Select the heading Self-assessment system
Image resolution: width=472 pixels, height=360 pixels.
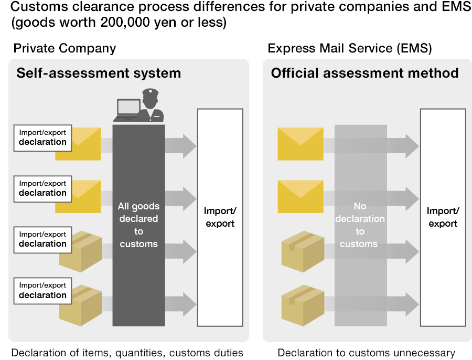(99, 73)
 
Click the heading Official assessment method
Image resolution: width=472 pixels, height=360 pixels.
(364, 73)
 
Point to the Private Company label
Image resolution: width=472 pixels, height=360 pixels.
(65, 49)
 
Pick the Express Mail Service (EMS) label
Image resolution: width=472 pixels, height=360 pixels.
(349, 49)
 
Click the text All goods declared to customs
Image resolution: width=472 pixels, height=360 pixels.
(138, 225)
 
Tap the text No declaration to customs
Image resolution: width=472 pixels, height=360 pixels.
(360, 225)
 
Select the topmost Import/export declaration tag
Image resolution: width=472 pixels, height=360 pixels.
(42, 137)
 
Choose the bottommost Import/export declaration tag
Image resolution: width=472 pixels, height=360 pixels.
(42, 290)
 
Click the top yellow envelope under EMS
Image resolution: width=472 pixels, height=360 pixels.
(301, 143)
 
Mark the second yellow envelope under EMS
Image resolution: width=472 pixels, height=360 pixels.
(301, 196)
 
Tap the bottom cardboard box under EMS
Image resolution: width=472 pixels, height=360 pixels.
(303, 305)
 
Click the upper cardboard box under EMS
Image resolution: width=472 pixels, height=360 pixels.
(303, 251)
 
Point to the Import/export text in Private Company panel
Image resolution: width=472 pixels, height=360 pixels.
(220, 217)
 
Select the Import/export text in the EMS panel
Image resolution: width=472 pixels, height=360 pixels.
(443, 217)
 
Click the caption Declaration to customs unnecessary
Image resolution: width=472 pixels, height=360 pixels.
(366, 353)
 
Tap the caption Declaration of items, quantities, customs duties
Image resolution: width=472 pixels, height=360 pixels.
(127, 353)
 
